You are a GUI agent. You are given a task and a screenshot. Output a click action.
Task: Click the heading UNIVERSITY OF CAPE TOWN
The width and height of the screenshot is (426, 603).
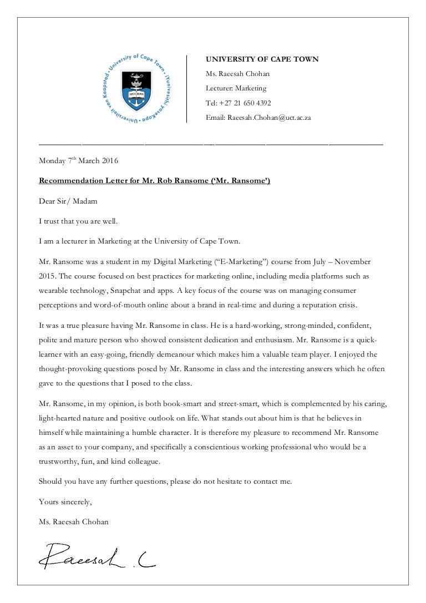click(262, 59)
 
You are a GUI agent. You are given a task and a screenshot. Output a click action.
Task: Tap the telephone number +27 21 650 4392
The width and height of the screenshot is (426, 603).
click(246, 103)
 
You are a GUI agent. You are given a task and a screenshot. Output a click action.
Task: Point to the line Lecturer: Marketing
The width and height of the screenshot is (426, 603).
click(236, 88)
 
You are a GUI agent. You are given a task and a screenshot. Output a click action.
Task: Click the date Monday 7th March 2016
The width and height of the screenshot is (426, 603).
click(78, 161)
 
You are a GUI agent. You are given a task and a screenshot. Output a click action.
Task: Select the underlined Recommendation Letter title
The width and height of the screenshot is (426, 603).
click(154, 181)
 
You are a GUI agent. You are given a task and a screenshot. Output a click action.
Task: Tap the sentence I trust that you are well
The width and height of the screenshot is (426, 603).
click(78, 221)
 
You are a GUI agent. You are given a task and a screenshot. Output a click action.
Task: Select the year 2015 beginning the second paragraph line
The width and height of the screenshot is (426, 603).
click(47, 276)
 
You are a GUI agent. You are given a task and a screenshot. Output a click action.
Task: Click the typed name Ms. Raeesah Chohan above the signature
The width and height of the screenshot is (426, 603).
click(74, 521)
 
